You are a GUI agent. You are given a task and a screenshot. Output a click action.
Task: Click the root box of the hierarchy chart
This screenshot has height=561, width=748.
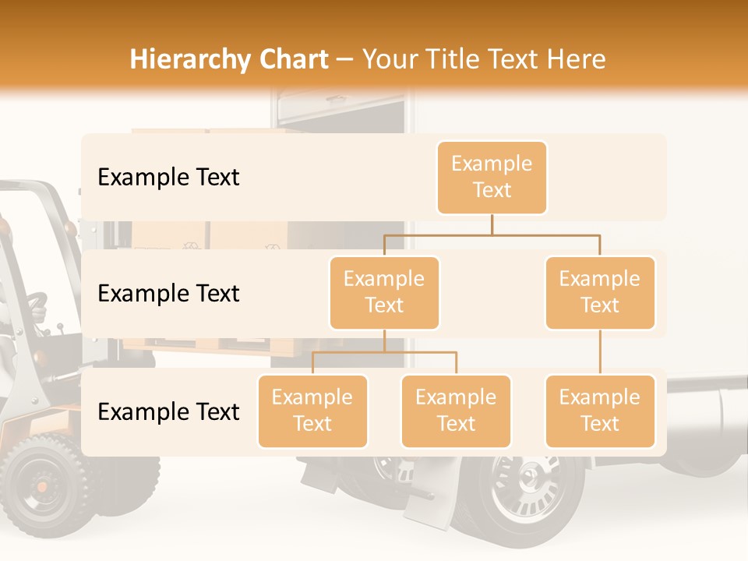492,177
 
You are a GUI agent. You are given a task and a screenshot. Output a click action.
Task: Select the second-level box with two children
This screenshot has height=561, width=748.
384,292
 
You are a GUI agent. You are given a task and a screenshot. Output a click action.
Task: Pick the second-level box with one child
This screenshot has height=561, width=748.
600,292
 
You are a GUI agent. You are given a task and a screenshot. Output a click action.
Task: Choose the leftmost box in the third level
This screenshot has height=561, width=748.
312,411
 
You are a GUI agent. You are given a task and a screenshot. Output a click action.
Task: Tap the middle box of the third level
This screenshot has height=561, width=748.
456,411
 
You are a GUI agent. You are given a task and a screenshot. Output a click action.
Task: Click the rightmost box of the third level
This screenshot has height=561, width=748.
600,411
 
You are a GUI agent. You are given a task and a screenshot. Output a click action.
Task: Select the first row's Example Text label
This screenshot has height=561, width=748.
168,177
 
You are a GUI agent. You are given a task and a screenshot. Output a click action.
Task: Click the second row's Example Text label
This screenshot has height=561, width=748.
168,293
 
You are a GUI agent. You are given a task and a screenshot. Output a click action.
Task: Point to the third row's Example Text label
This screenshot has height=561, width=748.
168,411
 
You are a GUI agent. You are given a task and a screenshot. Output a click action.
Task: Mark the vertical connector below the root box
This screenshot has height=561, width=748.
492,224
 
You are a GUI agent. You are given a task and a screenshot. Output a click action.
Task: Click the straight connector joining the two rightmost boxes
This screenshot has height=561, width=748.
600,352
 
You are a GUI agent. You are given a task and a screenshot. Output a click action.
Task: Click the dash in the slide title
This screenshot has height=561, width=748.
345,60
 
